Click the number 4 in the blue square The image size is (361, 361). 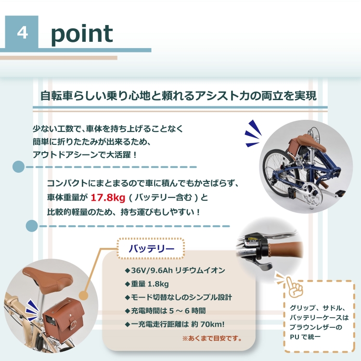(22, 33)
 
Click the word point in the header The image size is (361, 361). (82, 34)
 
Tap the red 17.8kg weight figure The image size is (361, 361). (108, 197)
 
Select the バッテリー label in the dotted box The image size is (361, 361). (151, 249)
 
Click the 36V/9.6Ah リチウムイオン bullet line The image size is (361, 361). (175, 271)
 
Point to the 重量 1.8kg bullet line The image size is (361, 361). (147, 284)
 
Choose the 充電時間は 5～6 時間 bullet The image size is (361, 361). (165, 311)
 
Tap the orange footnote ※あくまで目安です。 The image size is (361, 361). (212, 338)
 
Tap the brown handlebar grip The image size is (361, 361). (285, 249)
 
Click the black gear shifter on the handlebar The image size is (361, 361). (256, 250)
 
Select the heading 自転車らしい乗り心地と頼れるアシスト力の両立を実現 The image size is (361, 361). (179, 96)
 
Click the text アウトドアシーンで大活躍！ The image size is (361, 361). (85, 155)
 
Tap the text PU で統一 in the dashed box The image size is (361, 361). (305, 337)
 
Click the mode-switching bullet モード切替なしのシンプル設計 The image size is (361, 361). (179, 297)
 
